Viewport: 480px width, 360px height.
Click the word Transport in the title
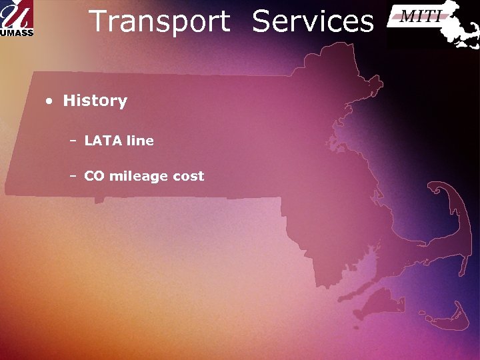(159, 21)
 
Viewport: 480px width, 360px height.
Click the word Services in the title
(313, 21)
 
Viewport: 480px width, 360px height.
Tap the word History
(95, 101)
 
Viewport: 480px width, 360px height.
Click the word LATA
(101, 141)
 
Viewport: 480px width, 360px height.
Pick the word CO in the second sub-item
(94, 177)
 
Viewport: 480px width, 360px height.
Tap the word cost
(188, 177)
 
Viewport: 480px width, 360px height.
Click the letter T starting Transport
(97, 21)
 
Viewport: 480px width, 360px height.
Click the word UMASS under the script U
(17, 31)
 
